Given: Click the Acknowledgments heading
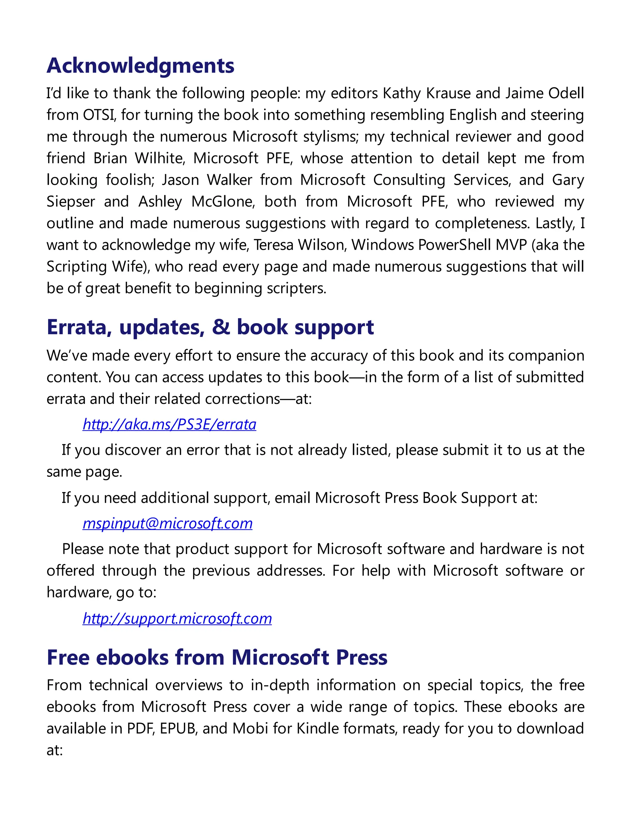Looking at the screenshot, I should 140,66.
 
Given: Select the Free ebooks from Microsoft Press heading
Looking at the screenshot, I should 217,657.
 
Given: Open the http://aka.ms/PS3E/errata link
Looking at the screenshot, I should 169,424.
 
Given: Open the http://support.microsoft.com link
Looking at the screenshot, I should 177,618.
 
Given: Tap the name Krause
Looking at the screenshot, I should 448,93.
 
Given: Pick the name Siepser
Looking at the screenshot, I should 71,202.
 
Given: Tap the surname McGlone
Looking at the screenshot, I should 223,202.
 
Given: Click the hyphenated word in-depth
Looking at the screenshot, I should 280,685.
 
